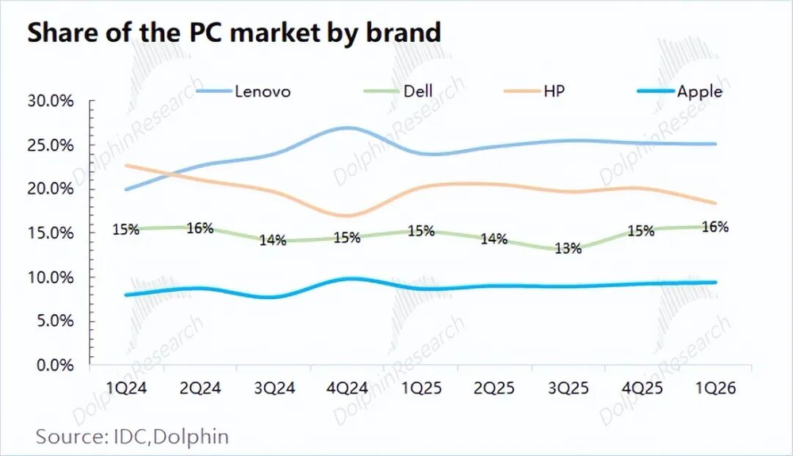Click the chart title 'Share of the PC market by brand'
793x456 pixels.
[234, 33]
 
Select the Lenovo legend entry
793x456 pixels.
[243, 91]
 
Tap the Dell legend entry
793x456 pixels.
[399, 91]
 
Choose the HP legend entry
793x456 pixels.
[534, 91]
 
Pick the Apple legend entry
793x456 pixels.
[680, 91]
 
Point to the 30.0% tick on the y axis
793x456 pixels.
[51, 101]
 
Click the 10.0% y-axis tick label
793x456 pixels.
[51, 277]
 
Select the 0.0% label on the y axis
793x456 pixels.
[56, 365]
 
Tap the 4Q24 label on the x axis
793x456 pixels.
[347, 388]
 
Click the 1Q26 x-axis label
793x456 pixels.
[715, 388]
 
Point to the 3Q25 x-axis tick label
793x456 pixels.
[569, 388]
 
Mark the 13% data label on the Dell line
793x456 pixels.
[568, 248]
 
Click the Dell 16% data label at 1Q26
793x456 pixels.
[715, 227]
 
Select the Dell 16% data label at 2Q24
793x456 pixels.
[200, 228]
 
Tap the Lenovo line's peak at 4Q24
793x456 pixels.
[347, 128]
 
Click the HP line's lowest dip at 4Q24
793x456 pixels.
[347, 216]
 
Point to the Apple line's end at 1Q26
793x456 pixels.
[715, 282]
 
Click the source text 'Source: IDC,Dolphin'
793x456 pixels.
[132, 436]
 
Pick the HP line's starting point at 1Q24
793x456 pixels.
[126, 165]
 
